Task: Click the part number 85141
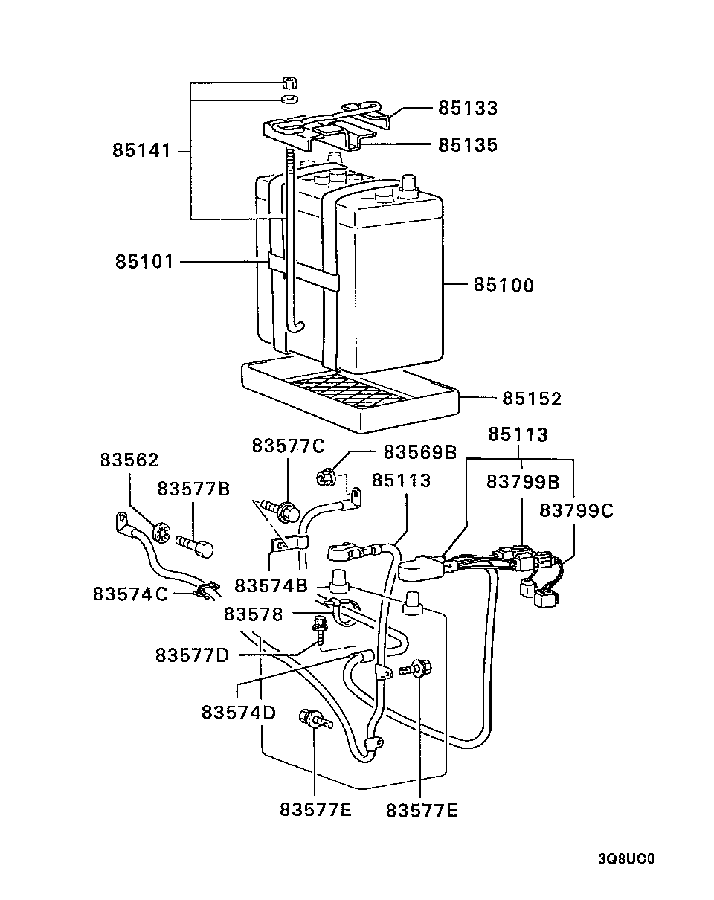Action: click(x=143, y=150)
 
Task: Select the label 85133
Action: click(x=467, y=109)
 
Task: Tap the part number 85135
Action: click(x=467, y=145)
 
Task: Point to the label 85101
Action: click(x=144, y=262)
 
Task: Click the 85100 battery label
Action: click(x=504, y=286)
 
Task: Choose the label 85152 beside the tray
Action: click(x=531, y=399)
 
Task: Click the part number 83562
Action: click(x=129, y=460)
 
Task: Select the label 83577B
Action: click(x=193, y=489)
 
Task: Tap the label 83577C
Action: click(x=289, y=446)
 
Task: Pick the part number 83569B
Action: click(x=420, y=451)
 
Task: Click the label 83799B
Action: click(x=523, y=482)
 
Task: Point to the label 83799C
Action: click(x=576, y=511)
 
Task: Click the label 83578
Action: click(x=254, y=614)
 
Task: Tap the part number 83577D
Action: click(x=193, y=655)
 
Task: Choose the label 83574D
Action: click(x=239, y=712)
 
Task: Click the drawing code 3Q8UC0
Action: click(x=625, y=858)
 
